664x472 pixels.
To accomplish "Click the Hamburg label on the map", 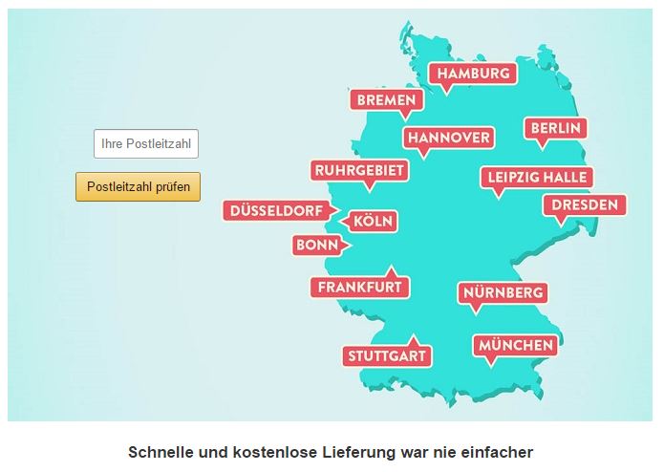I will tap(472, 74).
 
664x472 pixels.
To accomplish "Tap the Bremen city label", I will tap(386, 100).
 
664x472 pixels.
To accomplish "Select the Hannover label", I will tap(448, 138).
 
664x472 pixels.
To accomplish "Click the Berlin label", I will tap(554, 128).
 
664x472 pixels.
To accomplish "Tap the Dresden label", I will tap(584, 204).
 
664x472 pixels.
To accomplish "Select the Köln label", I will tap(373, 222).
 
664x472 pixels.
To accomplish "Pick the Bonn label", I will tap(316, 246).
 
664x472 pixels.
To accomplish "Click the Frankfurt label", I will tap(359, 287).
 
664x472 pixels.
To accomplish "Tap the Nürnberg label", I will tap(503, 292).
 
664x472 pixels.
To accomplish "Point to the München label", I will tap(516, 345).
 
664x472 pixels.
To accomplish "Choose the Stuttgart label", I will tap(386, 356).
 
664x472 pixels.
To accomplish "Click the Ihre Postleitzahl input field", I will tap(146, 144).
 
